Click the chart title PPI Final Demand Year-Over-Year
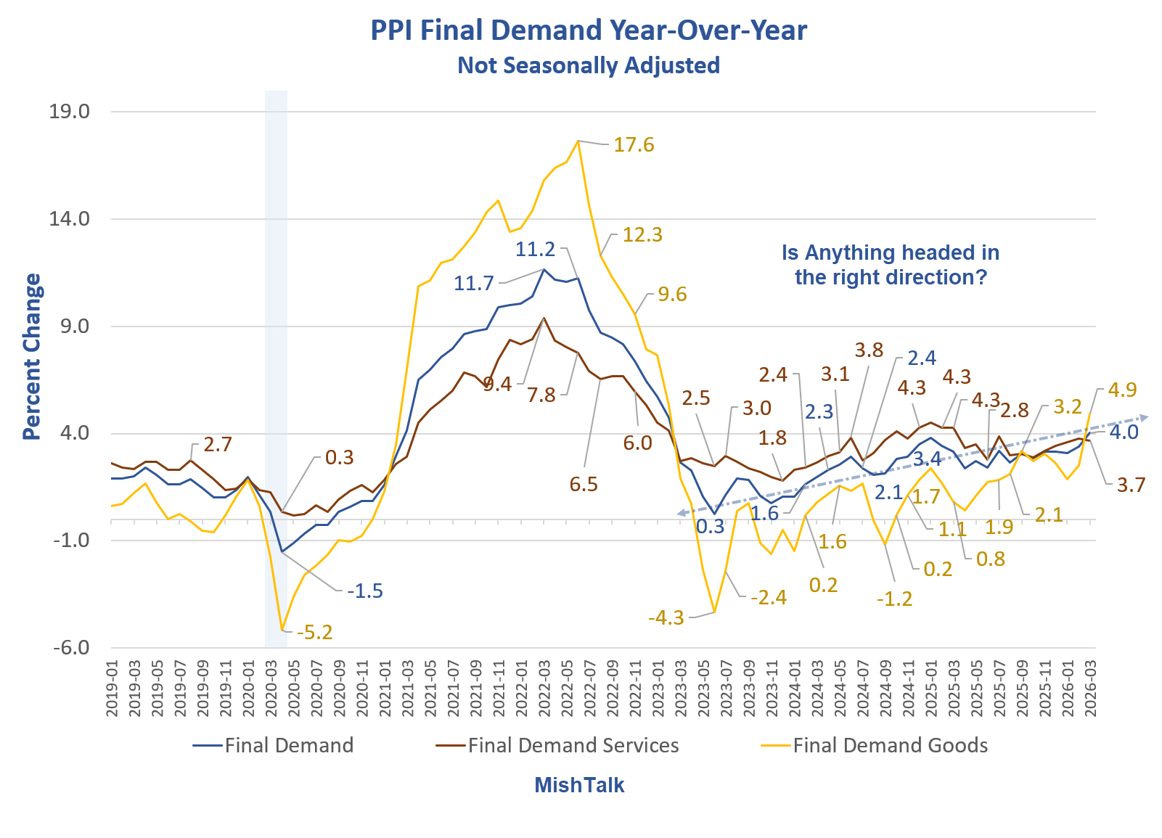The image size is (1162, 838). [589, 30]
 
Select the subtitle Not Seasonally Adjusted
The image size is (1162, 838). [589, 65]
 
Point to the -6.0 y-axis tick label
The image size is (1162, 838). [71, 647]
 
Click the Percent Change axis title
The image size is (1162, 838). [31, 356]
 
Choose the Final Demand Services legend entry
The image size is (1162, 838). [573, 745]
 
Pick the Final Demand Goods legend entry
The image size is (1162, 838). [890, 745]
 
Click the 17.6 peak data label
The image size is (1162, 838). [634, 145]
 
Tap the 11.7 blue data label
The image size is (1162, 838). [473, 283]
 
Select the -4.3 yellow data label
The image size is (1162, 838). [666, 618]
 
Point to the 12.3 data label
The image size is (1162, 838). [642, 235]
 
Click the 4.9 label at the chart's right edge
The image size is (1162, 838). [1122, 390]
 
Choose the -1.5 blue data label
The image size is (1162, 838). [364, 591]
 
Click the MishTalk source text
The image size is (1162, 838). [579, 785]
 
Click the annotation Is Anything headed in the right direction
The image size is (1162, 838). [891, 265]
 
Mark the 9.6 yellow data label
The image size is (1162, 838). [672, 295]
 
